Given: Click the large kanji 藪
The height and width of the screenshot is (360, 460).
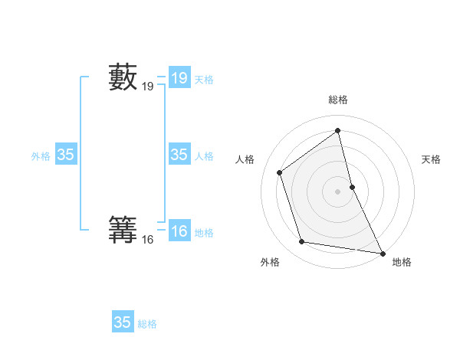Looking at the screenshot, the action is (x=123, y=78).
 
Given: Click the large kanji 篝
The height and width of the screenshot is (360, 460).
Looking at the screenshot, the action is (x=123, y=232).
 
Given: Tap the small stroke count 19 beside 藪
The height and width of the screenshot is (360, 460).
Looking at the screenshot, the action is (x=148, y=87).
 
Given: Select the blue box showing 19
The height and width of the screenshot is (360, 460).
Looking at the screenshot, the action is (x=179, y=78).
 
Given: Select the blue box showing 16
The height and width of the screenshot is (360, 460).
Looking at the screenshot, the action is (x=179, y=231).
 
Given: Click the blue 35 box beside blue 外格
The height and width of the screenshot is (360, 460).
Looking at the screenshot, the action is (x=65, y=155).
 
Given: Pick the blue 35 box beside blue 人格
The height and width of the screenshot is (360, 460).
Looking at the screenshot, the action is (x=179, y=155).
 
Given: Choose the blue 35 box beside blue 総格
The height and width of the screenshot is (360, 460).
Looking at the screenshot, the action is (x=123, y=322).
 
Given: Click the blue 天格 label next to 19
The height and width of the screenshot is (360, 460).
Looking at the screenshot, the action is (x=204, y=80).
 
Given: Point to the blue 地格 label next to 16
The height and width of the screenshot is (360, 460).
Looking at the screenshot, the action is (x=204, y=233).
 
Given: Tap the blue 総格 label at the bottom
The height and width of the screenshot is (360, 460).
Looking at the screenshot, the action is (x=147, y=324).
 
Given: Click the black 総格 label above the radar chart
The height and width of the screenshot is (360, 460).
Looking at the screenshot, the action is (x=338, y=100).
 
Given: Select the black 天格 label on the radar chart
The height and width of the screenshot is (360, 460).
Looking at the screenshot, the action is (x=432, y=159).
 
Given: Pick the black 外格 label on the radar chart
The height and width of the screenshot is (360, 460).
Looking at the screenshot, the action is (x=270, y=262).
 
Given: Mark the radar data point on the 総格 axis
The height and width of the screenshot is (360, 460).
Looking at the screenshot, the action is (x=338, y=131).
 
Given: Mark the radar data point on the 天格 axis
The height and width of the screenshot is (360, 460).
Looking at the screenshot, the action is (x=352, y=186).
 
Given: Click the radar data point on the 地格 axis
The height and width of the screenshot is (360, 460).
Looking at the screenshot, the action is (x=383, y=253).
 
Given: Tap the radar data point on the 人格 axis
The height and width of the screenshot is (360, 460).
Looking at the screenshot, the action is (x=280, y=172).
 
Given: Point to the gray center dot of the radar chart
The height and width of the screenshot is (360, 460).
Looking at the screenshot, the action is (x=338, y=191).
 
